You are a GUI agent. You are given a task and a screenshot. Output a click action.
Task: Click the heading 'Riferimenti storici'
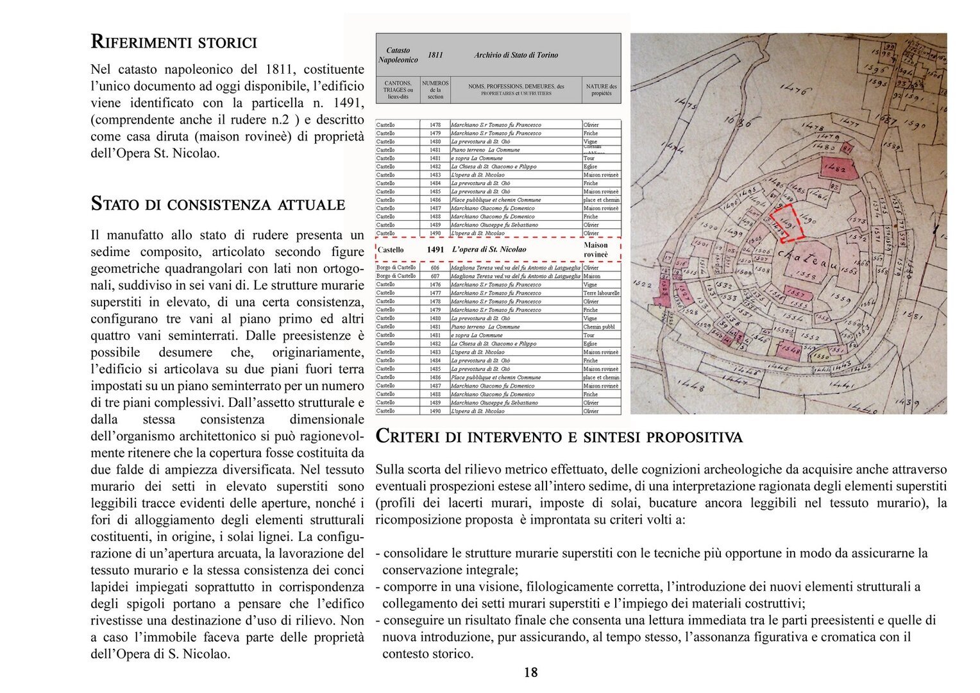tap(174, 42)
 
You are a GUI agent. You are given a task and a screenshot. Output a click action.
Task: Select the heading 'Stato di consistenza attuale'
tap(218, 204)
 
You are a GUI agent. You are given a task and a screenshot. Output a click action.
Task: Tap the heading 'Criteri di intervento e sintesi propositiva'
tap(559, 436)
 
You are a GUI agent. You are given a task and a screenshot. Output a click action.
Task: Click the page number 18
tap(530, 672)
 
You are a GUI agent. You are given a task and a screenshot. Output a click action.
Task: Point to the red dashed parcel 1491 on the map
tap(785, 223)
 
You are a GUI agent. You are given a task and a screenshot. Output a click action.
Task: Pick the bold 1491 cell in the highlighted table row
tap(435, 250)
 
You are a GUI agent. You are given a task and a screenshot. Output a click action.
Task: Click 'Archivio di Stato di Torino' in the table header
tap(516, 55)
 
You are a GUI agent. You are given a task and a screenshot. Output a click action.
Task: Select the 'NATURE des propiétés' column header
tap(601, 89)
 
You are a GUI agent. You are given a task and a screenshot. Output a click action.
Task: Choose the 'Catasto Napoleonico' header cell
tap(398, 55)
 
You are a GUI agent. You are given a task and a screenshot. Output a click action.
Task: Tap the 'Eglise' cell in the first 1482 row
tap(590, 166)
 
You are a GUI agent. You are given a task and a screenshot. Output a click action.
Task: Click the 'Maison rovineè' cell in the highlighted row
tap(596, 250)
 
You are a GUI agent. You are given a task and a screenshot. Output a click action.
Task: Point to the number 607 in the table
tap(435, 276)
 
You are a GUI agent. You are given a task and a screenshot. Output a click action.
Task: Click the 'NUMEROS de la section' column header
tap(435, 89)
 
